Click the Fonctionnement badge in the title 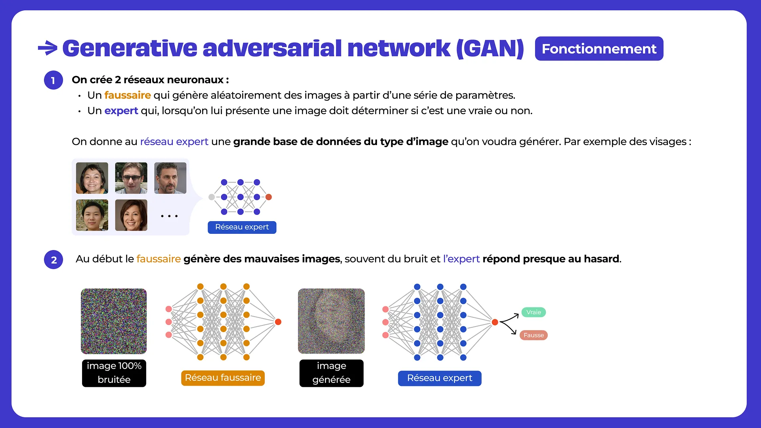click(x=598, y=49)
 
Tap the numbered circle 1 click(x=54, y=80)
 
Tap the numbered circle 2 click(x=54, y=260)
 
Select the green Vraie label click(x=533, y=312)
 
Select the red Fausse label click(x=533, y=335)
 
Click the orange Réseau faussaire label click(x=223, y=378)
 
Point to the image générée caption click(x=331, y=373)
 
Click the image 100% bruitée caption click(x=114, y=373)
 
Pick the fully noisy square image click(x=114, y=321)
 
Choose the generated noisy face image click(x=331, y=321)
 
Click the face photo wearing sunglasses click(x=131, y=178)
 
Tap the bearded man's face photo click(x=170, y=178)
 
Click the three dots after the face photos click(x=169, y=216)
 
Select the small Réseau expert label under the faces click(x=242, y=227)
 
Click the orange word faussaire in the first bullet click(x=127, y=95)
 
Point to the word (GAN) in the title click(x=490, y=48)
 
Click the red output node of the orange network click(x=278, y=322)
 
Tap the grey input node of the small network click(x=212, y=197)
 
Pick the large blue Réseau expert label click(x=440, y=378)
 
